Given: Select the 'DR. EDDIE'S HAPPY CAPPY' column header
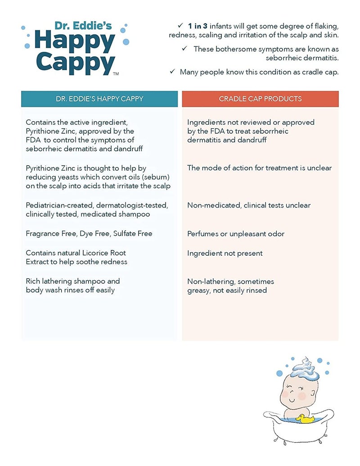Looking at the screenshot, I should point(99,99).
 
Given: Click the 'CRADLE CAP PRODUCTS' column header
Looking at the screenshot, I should point(260,99).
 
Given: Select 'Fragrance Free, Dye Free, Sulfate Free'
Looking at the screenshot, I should point(89,233).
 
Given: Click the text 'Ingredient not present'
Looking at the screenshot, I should point(225,253).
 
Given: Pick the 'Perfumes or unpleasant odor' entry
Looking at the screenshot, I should point(236,234).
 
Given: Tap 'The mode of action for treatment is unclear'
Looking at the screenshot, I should point(259,168).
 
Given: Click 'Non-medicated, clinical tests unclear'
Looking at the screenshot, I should point(249,205).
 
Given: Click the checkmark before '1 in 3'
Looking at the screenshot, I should point(180,26).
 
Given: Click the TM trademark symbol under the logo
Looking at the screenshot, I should point(116,73).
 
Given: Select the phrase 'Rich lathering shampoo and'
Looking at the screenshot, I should point(73,281).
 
